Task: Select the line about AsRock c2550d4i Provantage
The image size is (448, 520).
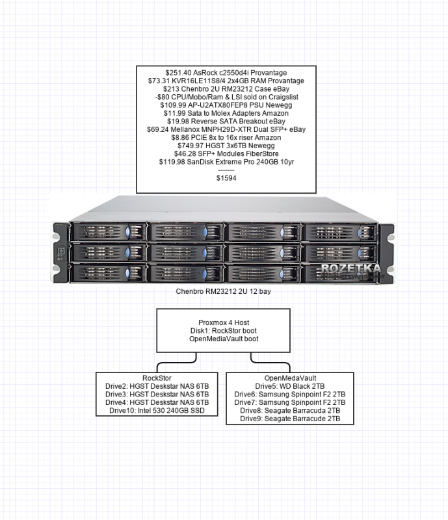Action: pos(227,71)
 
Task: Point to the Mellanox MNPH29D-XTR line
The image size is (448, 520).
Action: pos(227,129)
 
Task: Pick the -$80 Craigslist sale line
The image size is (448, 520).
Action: pos(227,96)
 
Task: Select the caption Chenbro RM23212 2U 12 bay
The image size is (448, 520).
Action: pos(224,293)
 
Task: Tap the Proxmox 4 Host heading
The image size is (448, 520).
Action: pos(224,322)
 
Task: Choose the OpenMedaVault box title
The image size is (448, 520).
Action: pos(291,378)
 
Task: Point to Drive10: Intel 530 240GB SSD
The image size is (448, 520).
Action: pos(157,411)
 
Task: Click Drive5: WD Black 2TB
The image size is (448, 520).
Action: pos(291,386)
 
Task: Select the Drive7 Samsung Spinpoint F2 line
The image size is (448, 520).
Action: pos(291,402)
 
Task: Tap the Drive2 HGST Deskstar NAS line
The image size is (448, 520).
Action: pos(157,386)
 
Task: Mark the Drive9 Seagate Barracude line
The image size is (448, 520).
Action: pos(291,419)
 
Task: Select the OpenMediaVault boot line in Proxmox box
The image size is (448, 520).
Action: pos(224,339)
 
